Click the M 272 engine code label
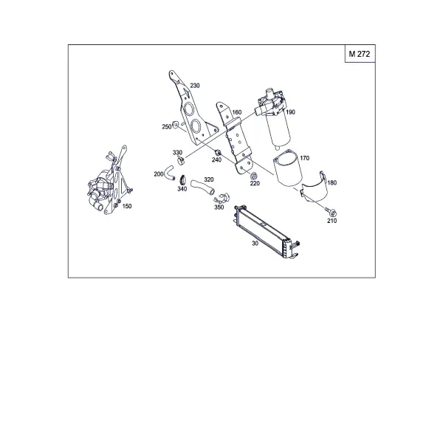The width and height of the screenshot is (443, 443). coord(359,54)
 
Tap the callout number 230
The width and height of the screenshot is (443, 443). coord(195,86)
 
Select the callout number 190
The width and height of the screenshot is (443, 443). coord(290,112)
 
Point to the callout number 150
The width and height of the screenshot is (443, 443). coord(127,206)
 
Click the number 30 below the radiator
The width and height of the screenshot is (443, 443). coord(255,243)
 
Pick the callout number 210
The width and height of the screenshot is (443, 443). coord(332,221)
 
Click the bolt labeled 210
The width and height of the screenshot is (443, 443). coord(331,212)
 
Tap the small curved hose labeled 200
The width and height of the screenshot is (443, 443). coord(170,173)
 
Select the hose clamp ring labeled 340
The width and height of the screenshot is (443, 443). coord(182,179)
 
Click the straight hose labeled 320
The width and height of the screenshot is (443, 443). coord(202,188)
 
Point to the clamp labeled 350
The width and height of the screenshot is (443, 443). coord(222,198)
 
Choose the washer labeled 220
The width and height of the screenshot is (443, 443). coord(253,176)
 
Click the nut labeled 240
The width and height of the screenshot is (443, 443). coord(217,153)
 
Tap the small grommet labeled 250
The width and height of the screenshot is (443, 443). coord(175,124)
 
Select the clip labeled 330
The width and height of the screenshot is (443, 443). coord(181,161)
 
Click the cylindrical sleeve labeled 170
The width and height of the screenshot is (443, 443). coord(288,168)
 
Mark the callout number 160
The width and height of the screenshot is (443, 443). coord(237,112)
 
